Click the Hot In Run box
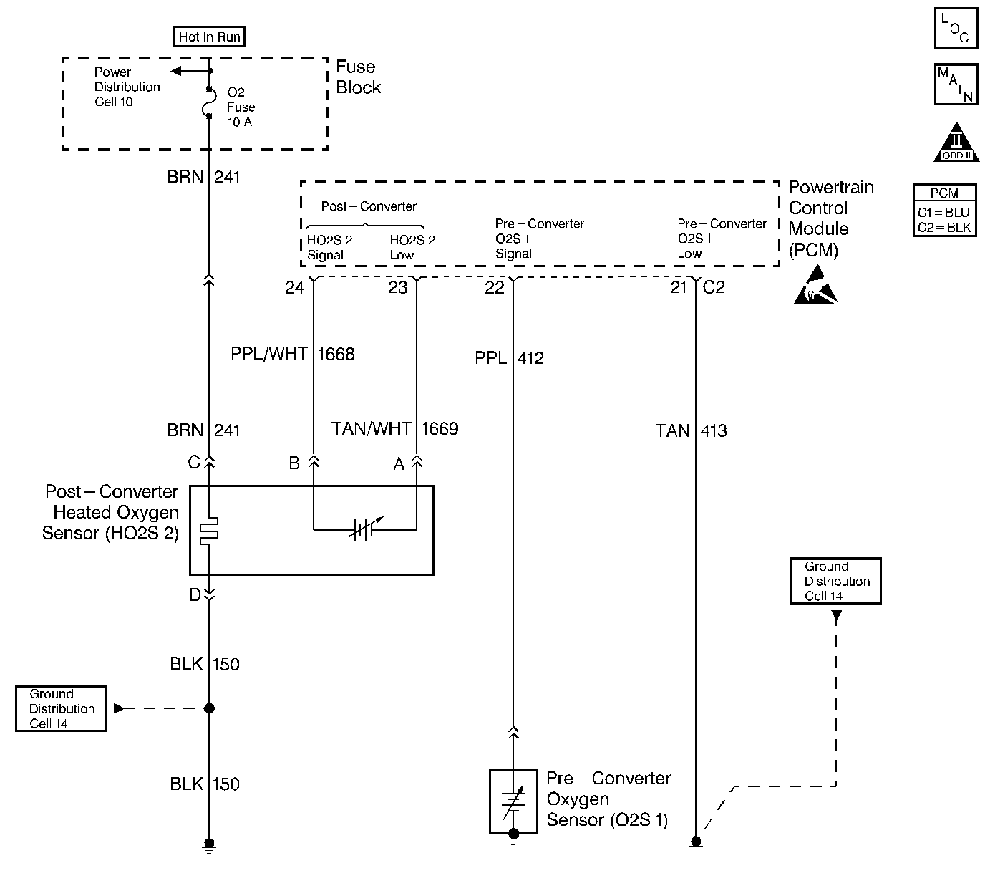point(209,37)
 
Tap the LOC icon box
point(956,29)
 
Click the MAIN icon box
point(956,85)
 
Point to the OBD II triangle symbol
point(956,143)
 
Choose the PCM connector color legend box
point(944,211)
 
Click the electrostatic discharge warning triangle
point(815,285)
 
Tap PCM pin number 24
point(294,287)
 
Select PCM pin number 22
point(494,287)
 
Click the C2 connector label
point(714,287)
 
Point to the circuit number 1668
point(336,354)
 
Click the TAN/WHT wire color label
point(371,428)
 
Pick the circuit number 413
point(714,431)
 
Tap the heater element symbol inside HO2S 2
point(209,530)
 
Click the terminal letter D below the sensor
point(195,595)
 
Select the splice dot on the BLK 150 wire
point(209,708)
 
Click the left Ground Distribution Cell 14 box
point(61,708)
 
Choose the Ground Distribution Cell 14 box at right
point(835,581)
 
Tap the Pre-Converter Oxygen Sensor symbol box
point(513,801)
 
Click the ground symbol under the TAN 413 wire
point(695,844)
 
